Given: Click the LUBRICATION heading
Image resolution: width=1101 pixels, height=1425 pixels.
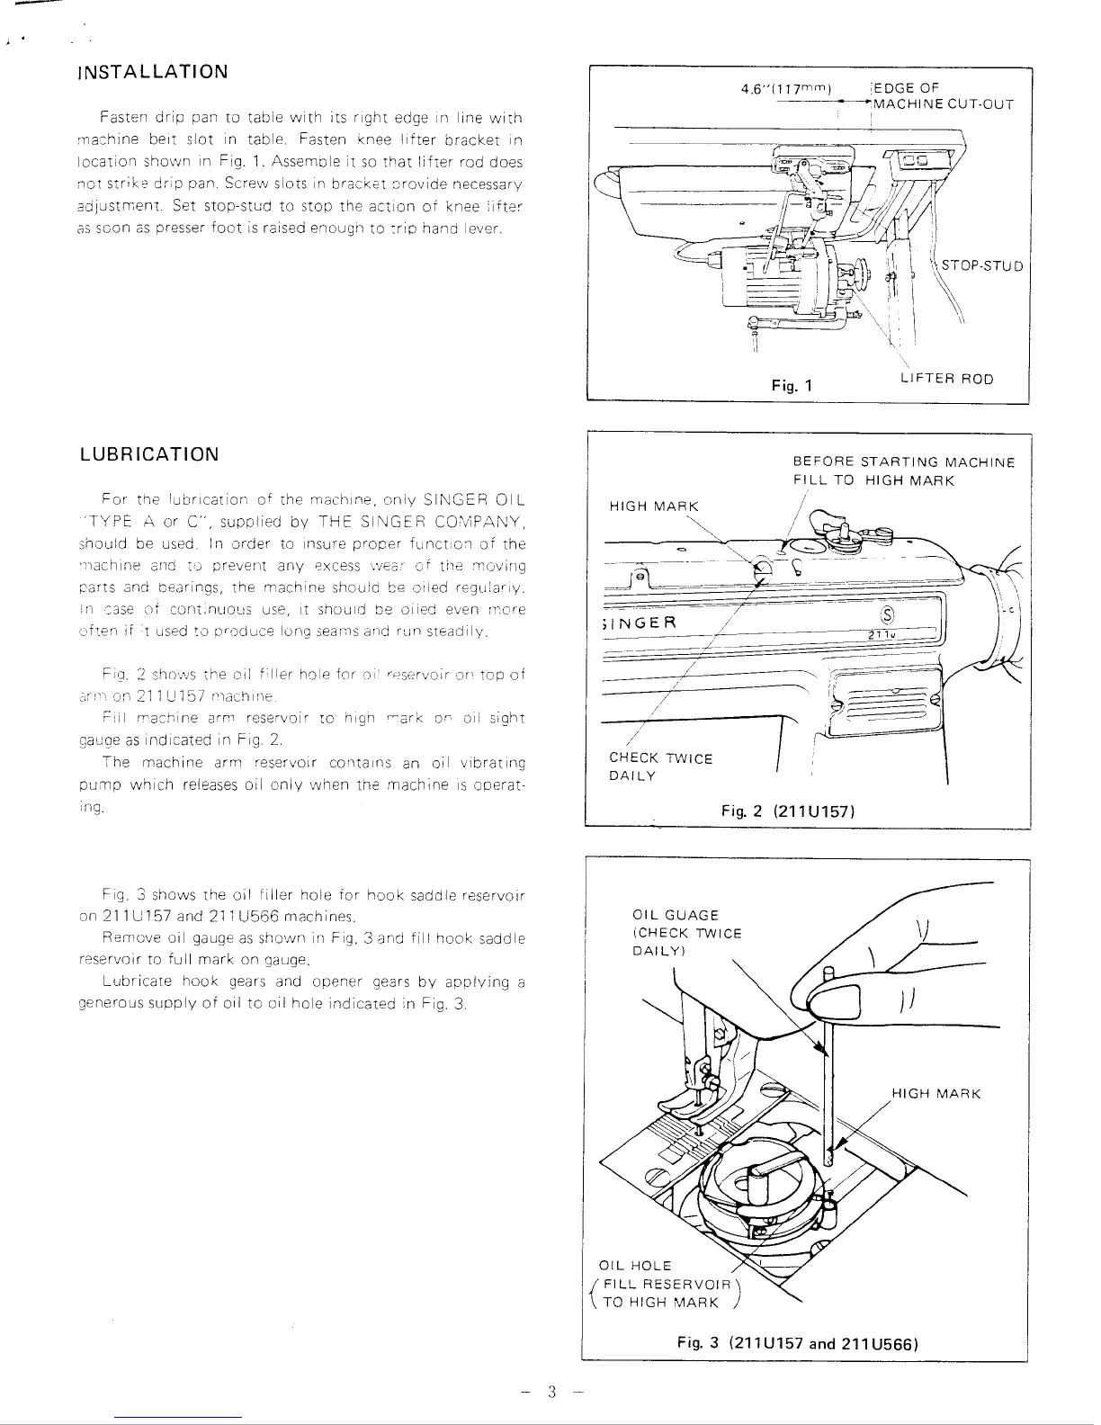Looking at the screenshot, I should pyautogui.click(x=148, y=453).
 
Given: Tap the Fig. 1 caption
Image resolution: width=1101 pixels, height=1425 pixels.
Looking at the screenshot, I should pyautogui.click(x=792, y=385).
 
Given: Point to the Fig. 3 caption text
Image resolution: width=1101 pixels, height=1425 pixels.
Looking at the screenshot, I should pyautogui.click(x=796, y=1344).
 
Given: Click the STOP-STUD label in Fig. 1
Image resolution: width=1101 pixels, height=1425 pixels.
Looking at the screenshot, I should pyautogui.click(x=982, y=265).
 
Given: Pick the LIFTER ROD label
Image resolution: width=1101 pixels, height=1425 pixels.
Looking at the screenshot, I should pyautogui.click(x=946, y=379).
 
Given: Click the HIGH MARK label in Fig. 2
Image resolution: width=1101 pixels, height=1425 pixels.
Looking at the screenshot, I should pyautogui.click(x=654, y=506).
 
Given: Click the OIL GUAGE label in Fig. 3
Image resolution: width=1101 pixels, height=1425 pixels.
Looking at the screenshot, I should pyautogui.click(x=676, y=916).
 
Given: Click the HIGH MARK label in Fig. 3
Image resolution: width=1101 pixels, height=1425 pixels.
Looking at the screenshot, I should pyautogui.click(x=935, y=1094).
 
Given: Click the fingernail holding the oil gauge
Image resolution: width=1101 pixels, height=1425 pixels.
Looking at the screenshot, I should pyautogui.click(x=835, y=1000).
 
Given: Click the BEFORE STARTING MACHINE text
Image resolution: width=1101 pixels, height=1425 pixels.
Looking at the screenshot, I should pyautogui.click(x=903, y=462).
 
